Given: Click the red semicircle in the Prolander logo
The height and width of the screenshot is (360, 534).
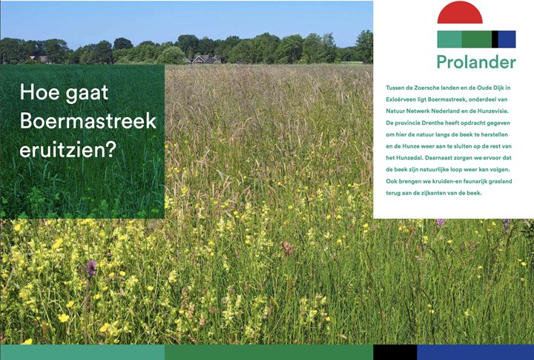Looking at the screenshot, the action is tap(460, 13).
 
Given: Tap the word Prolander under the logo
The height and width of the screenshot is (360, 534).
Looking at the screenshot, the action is tap(476, 62).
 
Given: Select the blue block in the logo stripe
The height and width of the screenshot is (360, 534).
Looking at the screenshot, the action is tap(507, 39).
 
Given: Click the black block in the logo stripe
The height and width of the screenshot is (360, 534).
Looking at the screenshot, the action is tap(495, 39).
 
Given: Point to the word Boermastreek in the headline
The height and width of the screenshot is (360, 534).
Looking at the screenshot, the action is tap(88, 121).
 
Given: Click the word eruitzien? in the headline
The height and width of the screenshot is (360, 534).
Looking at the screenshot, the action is tap(68, 150).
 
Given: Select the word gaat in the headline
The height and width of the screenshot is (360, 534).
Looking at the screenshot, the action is tap(88, 93).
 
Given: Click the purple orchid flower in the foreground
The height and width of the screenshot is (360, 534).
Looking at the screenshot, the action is tap(91, 268).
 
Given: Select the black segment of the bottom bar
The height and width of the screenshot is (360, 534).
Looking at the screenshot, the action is tap(395, 352).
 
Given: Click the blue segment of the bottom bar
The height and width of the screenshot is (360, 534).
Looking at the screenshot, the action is tap(475, 352).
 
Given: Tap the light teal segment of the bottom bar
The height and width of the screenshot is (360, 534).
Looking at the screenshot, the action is tap(82, 352).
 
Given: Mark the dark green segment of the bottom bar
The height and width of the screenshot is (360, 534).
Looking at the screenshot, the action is tap(269, 352).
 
